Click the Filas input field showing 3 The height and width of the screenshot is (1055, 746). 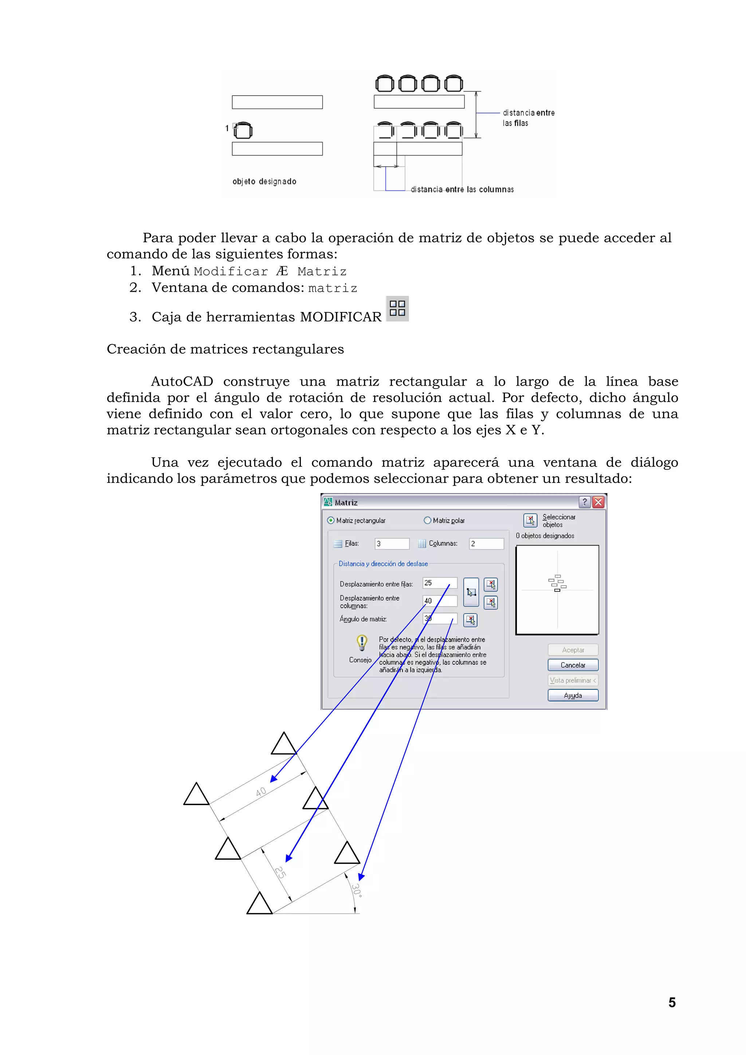tap(392, 544)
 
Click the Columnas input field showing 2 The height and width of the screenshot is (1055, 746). tap(486, 544)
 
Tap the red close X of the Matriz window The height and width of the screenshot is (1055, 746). tap(598, 502)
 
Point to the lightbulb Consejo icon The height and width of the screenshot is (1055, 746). tap(362, 642)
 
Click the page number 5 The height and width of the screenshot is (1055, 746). tap(672, 1003)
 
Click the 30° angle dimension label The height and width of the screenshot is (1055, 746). tap(357, 890)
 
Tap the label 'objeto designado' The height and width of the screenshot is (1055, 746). tap(264, 181)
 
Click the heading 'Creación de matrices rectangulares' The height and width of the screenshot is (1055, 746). tap(225, 349)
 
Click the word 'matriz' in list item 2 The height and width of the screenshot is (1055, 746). tap(332, 288)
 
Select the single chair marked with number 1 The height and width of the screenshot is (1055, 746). tap(243, 130)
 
